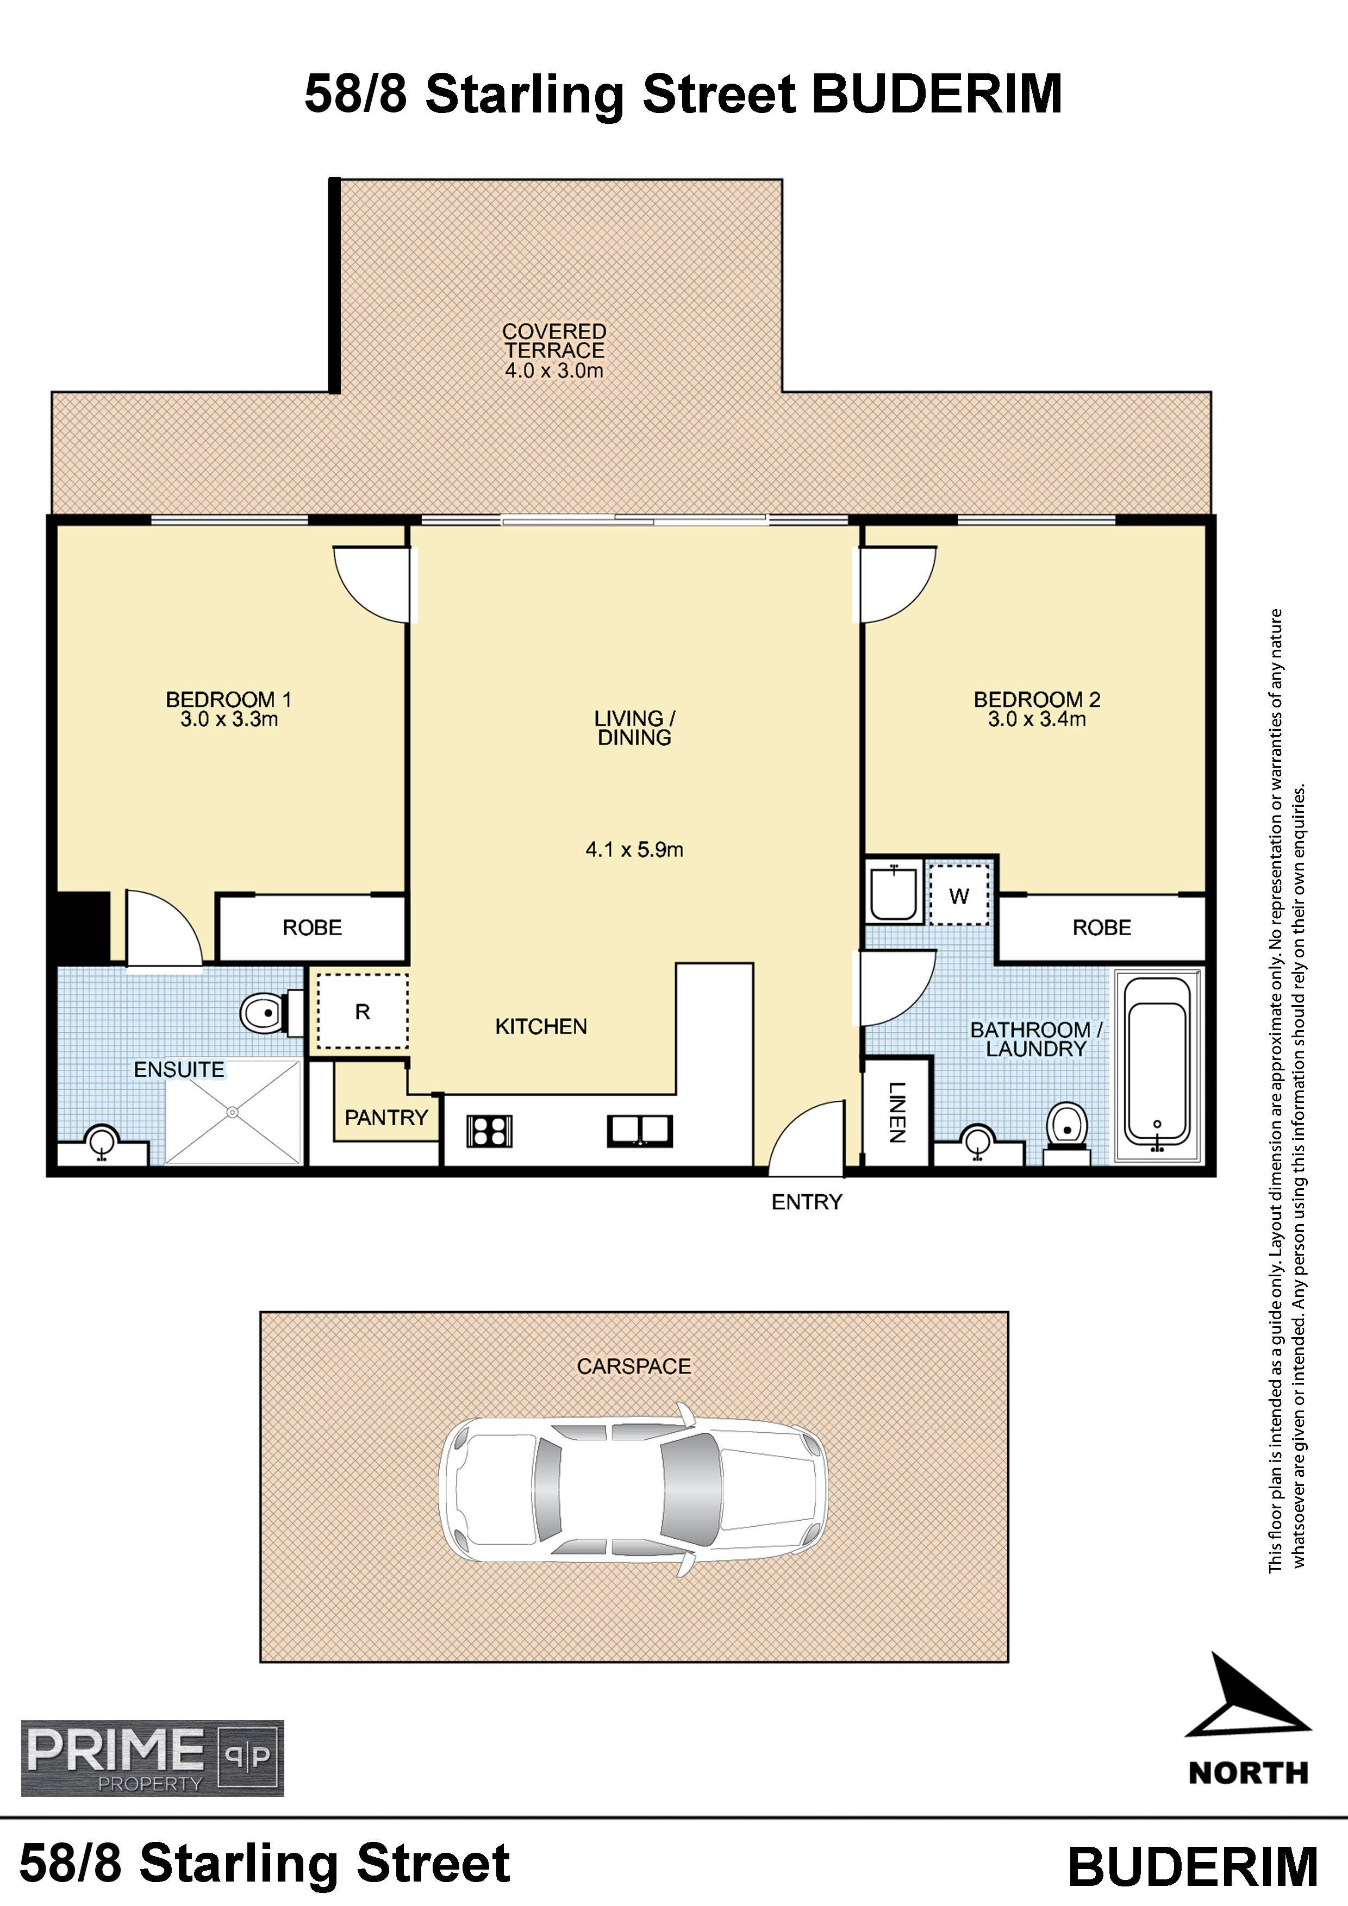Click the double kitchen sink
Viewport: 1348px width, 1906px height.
click(x=640, y=1131)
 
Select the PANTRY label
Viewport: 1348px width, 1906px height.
click(x=386, y=1118)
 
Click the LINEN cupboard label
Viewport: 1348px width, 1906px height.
click(x=897, y=1112)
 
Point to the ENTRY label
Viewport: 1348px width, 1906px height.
click(x=807, y=1202)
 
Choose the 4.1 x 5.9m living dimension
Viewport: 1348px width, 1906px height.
click(x=634, y=849)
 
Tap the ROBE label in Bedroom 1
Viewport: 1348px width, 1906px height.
click(x=313, y=927)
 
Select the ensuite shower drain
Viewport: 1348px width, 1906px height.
click(x=233, y=1112)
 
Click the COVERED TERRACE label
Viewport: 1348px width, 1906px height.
click(x=554, y=341)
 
